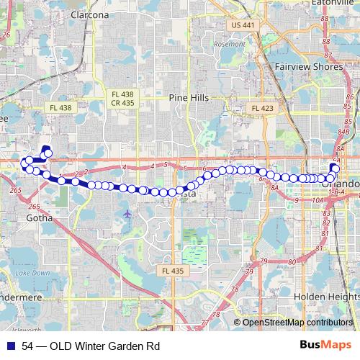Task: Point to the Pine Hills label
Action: click(188, 98)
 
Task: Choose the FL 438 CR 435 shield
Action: click(122, 99)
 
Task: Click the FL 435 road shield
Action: click(168, 271)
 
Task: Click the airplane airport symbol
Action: click(127, 213)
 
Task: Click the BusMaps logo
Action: click(325, 345)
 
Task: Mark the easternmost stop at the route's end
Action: click(334, 168)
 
